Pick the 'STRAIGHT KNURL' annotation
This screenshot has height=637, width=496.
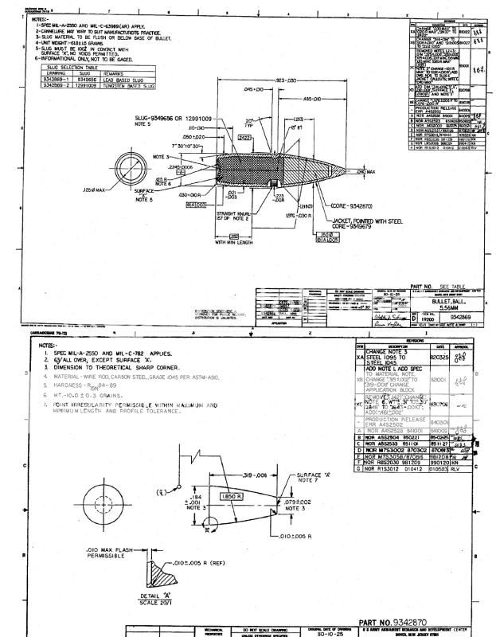coord(230,214)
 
